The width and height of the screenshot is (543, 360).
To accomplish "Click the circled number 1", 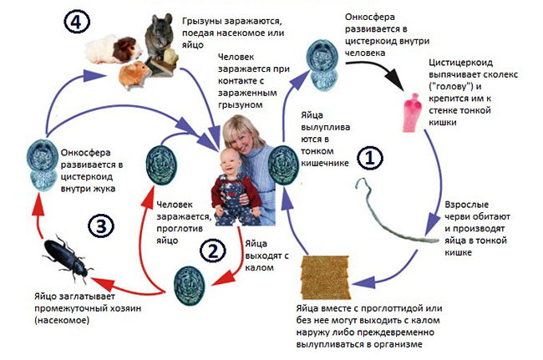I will [371, 155].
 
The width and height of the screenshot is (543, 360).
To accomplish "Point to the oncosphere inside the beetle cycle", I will [39, 165].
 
